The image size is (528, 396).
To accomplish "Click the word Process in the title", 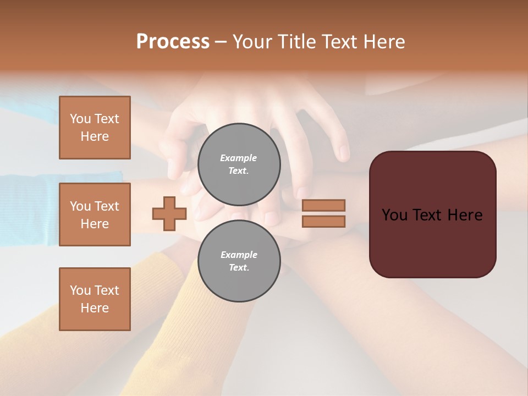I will pos(173,42).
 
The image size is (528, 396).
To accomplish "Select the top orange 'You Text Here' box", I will pos(95,128).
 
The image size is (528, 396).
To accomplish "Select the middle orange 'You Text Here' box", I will pos(95,215).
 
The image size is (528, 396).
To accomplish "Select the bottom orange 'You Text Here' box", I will pos(95,299).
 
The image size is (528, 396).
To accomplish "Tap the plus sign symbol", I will pos(169,213).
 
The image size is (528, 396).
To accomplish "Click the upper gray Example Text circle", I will pos(239,164).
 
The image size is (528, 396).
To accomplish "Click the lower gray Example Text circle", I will pos(239,261).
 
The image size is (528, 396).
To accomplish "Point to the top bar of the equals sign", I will pos(324,205).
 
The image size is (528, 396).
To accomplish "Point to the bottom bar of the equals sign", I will pos(324,221).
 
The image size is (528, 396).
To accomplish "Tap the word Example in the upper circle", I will pos(239,158).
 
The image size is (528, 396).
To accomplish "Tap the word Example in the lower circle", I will pos(239,255).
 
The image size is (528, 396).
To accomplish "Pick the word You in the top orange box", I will pos(80,119).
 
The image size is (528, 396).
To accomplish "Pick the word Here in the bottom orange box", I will pos(95,308).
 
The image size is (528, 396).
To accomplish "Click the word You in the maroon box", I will pos(394,215).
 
